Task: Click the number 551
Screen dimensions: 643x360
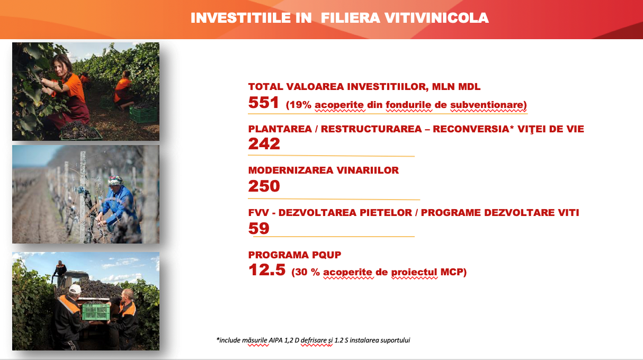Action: click(263, 102)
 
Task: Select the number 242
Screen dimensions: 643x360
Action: click(264, 143)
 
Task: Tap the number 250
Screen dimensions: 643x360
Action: click(264, 186)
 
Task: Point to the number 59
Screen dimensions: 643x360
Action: click(258, 228)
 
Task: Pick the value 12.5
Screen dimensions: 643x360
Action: click(267, 270)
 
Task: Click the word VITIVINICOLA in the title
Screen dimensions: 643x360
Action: click(436, 18)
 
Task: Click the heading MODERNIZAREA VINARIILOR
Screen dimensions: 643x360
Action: click(324, 170)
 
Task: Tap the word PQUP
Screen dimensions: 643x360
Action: click(326, 255)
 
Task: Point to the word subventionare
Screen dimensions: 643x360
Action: click(488, 105)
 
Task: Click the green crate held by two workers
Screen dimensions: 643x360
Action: click(96, 312)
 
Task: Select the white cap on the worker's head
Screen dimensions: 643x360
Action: click(75, 289)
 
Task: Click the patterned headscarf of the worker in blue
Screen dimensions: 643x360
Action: click(115, 181)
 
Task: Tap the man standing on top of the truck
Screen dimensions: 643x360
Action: click(59, 273)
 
